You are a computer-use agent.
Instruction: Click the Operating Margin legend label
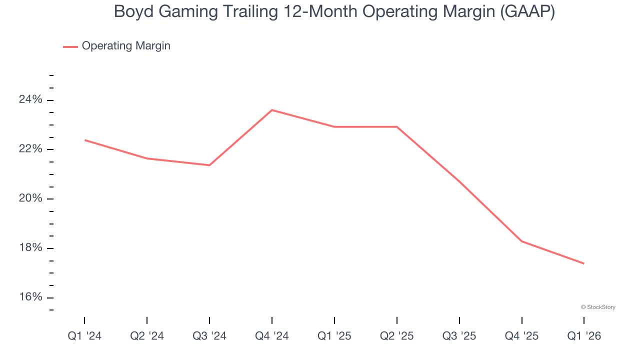point(126,46)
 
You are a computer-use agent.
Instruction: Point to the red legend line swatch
point(70,46)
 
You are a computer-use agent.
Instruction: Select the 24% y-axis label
point(31,100)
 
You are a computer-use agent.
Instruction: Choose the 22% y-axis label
point(31,149)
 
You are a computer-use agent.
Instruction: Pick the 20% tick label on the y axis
point(31,198)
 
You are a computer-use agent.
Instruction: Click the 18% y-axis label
point(31,248)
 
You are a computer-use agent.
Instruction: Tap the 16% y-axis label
point(31,297)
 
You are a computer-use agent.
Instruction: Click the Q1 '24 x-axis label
point(84,336)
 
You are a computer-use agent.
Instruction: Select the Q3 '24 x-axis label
point(209,336)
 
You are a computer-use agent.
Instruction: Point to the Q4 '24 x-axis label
point(272,336)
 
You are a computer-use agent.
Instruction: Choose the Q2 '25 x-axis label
point(397,336)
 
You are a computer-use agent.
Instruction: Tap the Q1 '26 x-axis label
point(584,336)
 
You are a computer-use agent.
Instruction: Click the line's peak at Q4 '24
point(272,110)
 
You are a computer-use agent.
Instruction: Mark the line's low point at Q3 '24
point(209,165)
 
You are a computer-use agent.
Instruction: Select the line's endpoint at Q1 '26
point(584,263)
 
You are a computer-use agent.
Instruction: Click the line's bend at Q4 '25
point(522,241)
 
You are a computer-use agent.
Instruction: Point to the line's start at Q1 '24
point(84,140)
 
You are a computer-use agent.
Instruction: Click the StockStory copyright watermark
point(598,307)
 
